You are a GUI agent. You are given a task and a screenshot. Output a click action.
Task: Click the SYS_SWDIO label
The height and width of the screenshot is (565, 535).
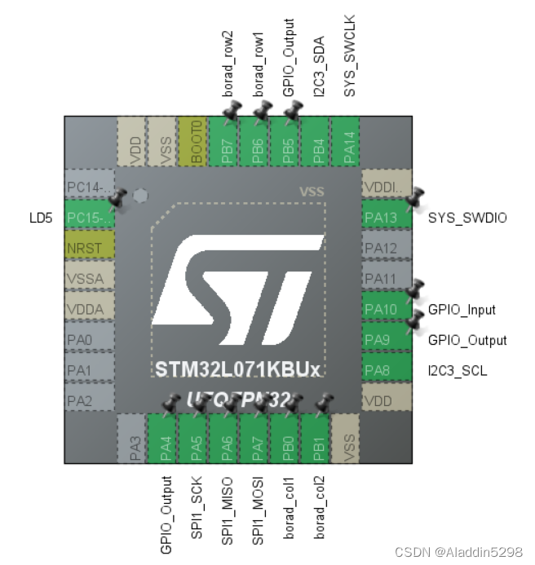[x=466, y=218]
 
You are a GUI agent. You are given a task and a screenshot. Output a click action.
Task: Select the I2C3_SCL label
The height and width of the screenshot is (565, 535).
[x=458, y=371]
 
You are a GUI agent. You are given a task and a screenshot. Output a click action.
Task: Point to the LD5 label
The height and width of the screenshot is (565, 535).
[x=40, y=218]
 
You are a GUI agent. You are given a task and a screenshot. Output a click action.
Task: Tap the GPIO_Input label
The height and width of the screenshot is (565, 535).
[x=462, y=310]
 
